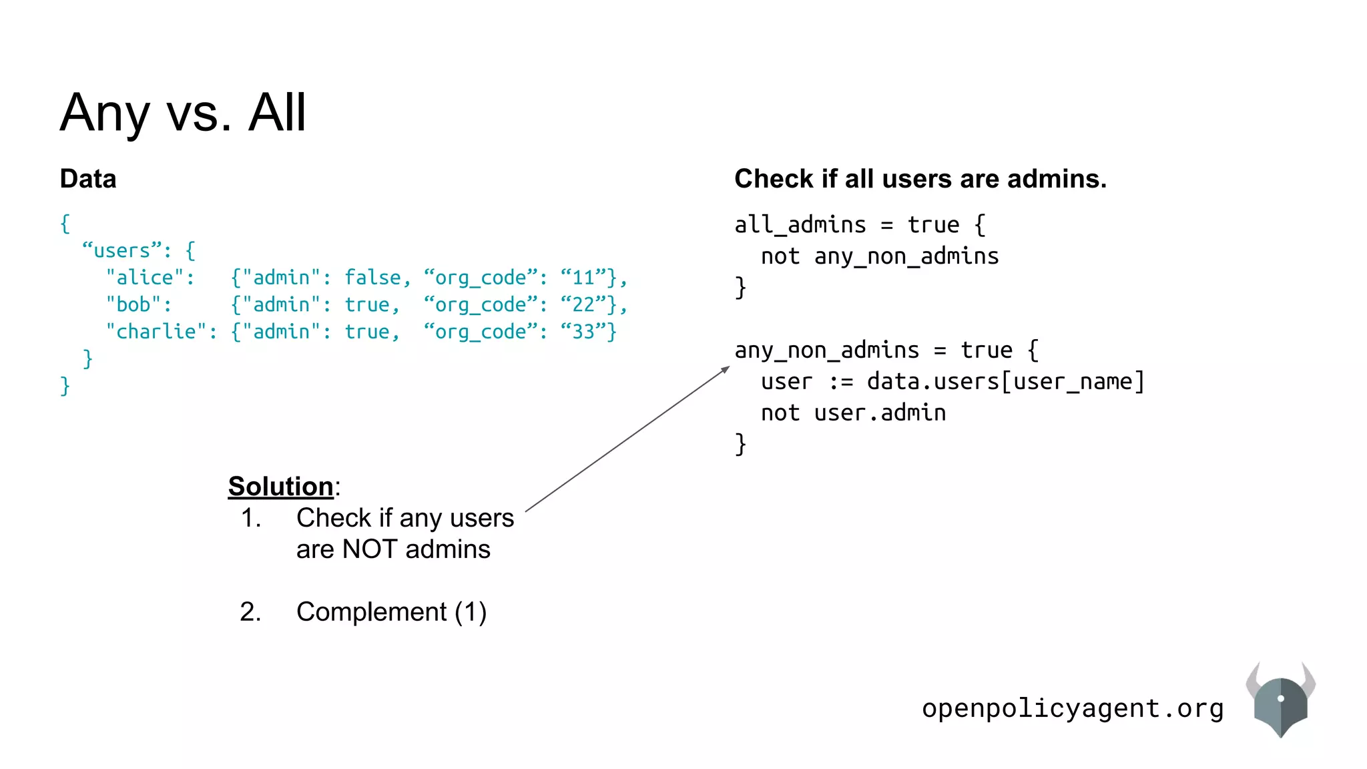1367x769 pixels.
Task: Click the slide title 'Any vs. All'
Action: point(183,112)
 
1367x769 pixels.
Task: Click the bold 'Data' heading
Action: point(88,179)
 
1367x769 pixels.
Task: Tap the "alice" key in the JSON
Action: point(150,278)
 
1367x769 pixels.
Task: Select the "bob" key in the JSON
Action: point(138,305)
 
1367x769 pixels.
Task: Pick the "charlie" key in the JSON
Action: point(161,332)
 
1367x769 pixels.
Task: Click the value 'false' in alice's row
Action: point(372,278)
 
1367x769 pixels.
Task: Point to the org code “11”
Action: point(583,278)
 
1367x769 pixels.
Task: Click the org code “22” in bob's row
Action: point(583,305)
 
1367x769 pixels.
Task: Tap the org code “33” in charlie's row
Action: point(583,332)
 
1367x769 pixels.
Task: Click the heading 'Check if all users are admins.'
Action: point(920,179)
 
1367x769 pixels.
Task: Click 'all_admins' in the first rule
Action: point(800,225)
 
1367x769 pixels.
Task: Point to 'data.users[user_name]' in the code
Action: point(1005,382)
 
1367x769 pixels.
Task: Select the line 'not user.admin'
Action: point(853,413)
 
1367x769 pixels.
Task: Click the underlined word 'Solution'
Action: point(280,487)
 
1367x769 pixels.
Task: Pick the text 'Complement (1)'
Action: point(391,612)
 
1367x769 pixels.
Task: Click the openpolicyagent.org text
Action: point(1072,708)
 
